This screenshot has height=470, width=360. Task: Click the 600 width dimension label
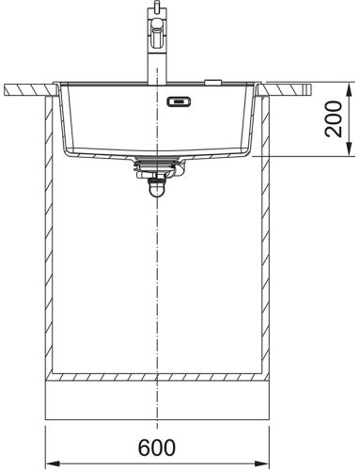pyautogui.click(x=157, y=447)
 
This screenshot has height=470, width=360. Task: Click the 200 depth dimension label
pyautogui.click(x=333, y=119)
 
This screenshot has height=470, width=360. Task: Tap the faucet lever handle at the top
pyautogui.click(x=157, y=35)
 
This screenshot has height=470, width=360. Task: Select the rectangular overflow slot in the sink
pyautogui.click(x=179, y=102)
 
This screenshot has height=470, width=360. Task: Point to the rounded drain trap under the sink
pyautogui.click(x=157, y=191)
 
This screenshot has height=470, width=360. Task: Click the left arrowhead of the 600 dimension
pyautogui.click(x=53, y=463)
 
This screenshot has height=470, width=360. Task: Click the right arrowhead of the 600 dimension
pyautogui.click(x=262, y=463)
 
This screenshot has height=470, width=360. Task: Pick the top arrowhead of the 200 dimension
pyautogui.click(x=350, y=89)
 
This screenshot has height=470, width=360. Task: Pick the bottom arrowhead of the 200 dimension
pyautogui.click(x=350, y=149)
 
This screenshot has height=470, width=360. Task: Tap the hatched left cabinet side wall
pyautogui.click(x=49, y=235)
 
